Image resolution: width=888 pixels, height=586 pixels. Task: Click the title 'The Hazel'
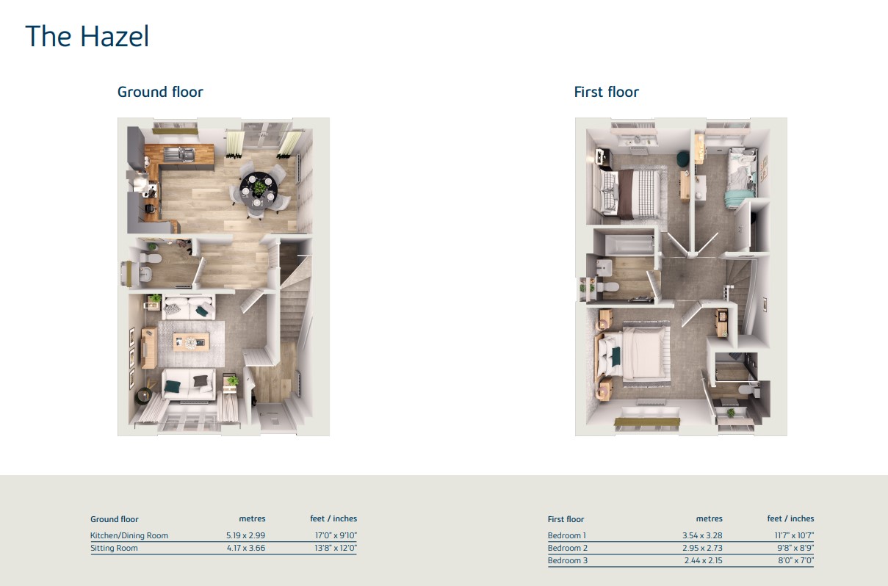pyautogui.click(x=87, y=36)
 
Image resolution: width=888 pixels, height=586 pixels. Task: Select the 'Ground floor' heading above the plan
pyautogui.click(x=160, y=92)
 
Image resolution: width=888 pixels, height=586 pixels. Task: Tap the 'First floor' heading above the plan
pyautogui.click(x=606, y=92)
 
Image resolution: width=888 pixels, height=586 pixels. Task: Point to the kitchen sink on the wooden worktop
pyautogui.click(x=181, y=154)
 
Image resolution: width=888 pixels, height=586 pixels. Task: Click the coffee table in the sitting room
pyautogui.click(x=191, y=342)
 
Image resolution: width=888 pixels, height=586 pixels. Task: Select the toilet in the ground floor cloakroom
pyautogui.click(x=151, y=258)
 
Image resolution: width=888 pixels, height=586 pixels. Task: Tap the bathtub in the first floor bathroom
pyautogui.click(x=629, y=244)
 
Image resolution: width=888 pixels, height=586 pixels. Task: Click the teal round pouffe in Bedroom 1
pyautogui.click(x=682, y=158)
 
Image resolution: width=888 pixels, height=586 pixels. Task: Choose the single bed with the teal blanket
pyautogui.click(x=740, y=178)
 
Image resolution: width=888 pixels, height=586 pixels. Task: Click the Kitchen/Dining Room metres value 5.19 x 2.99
pyautogui.click(x=246, y=535)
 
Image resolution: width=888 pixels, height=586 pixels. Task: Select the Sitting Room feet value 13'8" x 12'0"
pyautogui.click(x=336, y=548)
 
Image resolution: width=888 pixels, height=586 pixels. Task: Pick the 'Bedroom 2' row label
pyautogui.click(x=568, y=548)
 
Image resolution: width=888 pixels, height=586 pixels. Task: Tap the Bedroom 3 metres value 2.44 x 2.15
pyautogui.click(x=703, y=560)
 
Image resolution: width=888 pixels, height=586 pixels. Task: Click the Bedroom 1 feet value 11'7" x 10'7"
pyautogui.click(x=794, y=535)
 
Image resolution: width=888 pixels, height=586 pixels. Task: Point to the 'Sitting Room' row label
pyautogui.click(x=114, y=548)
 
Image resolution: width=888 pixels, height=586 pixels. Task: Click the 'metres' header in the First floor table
pyautogui.click(x=710, y=518)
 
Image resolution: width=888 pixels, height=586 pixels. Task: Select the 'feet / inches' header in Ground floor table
pyautogui.click(x=333, y=518)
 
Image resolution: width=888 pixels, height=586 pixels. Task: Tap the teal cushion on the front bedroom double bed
pyautogui.click(x=616, y=356)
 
